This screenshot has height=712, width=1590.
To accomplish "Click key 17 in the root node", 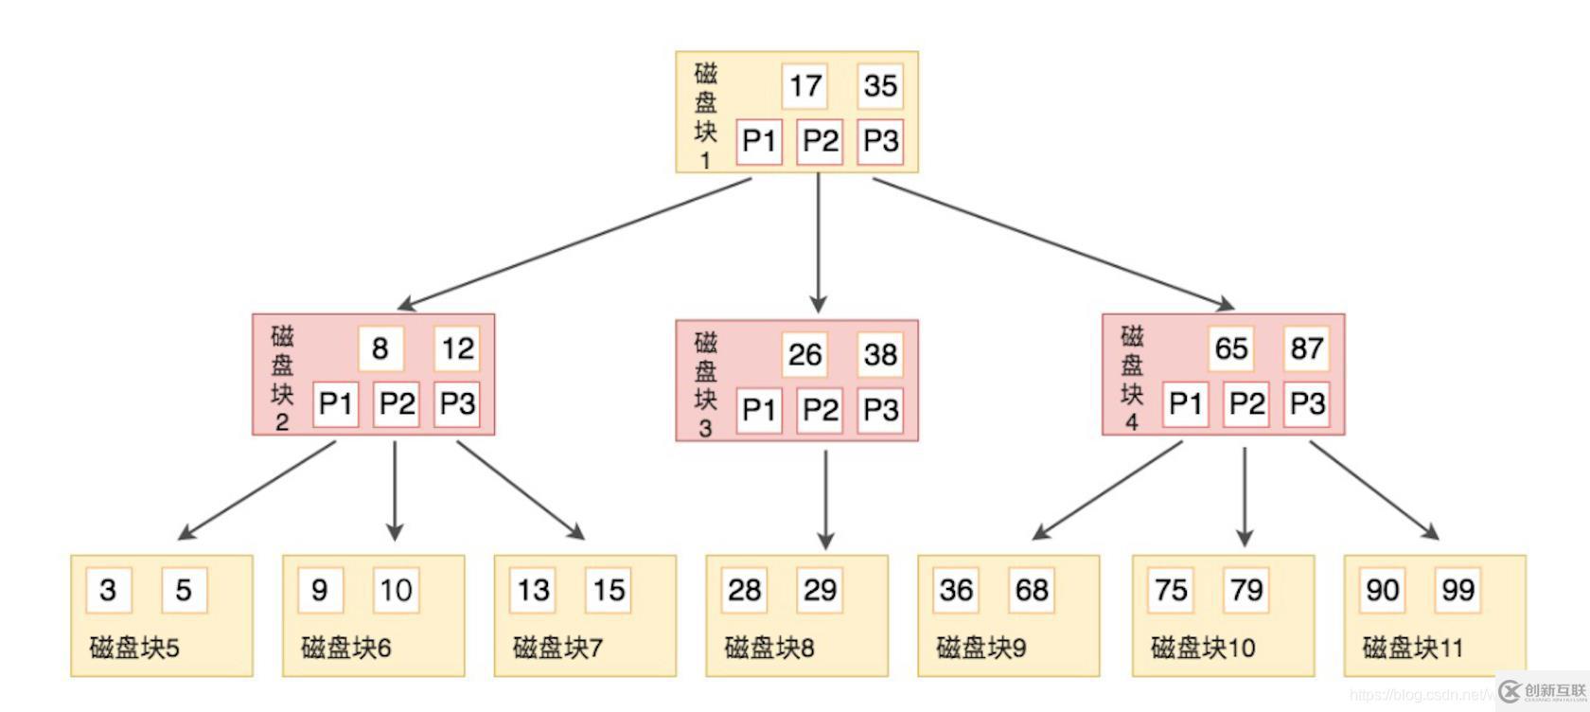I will point(804,86).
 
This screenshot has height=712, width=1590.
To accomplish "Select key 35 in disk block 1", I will point(880,86).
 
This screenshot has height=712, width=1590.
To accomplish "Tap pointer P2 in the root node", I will point(820,142).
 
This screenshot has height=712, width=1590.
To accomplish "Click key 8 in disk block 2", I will point(380,349).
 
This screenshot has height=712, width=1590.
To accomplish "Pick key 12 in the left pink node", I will point(457,349).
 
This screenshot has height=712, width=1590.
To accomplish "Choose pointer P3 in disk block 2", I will point(457,404).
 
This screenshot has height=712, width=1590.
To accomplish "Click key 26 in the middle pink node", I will point(804,355).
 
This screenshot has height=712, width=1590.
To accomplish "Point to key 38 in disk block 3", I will point(880,355).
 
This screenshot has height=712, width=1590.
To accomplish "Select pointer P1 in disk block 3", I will point(759,410).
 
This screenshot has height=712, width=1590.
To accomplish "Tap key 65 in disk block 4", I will point(1230,349).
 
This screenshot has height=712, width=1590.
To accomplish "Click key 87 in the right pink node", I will point(1306,349).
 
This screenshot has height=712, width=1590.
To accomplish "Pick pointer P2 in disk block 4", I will point(1245,404).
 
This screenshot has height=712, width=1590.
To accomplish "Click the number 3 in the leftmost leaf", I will point(108,590).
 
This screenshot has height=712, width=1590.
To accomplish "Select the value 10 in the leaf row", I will point(396,590).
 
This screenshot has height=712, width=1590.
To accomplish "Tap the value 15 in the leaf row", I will point(609,590).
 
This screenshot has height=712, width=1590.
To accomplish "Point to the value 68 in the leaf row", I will point(1032,590).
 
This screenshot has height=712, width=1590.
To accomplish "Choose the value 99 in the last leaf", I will point(1457,590).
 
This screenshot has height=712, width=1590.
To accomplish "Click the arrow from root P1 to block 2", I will point(574,243).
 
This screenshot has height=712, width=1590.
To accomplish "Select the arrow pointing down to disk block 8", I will point(825,497).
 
